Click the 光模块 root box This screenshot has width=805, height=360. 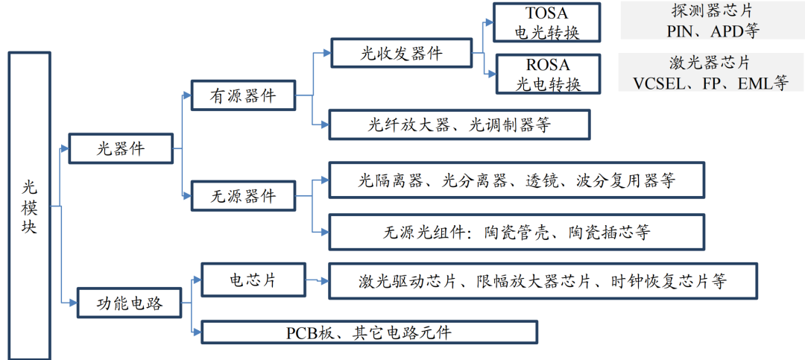tap(29, 205)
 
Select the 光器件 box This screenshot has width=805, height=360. tap(121, 148)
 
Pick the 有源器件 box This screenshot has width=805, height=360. tap(243, 96)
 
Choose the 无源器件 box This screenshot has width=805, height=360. tap(243, 196)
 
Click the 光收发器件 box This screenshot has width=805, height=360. tap(401, 54)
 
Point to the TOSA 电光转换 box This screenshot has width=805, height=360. tap(547, 23)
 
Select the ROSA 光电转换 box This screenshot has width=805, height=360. tap(548, 74)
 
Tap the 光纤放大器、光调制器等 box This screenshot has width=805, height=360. tap(459, 124)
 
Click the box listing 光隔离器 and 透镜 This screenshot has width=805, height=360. tap(517, 180)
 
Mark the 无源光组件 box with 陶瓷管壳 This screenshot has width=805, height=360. tap(517, 232)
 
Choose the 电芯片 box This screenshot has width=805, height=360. tap(253, 281)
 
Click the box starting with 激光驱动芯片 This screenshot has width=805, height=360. tap(543, 281)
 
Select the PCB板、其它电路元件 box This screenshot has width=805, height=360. tap(370, 332)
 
